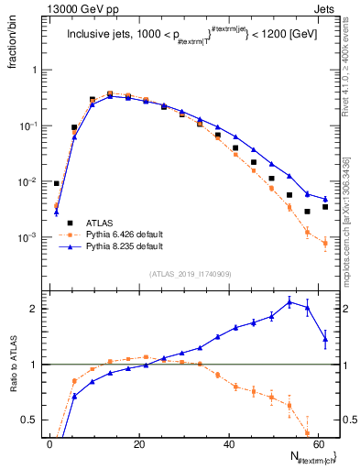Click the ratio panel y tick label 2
coord(38,309)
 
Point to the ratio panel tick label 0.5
coord(35,420)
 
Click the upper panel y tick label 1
coord(38,71)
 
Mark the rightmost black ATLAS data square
coord(325,207)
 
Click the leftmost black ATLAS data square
coord(56,183)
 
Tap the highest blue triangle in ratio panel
coord(289,301)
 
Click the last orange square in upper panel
coord(325,243)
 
